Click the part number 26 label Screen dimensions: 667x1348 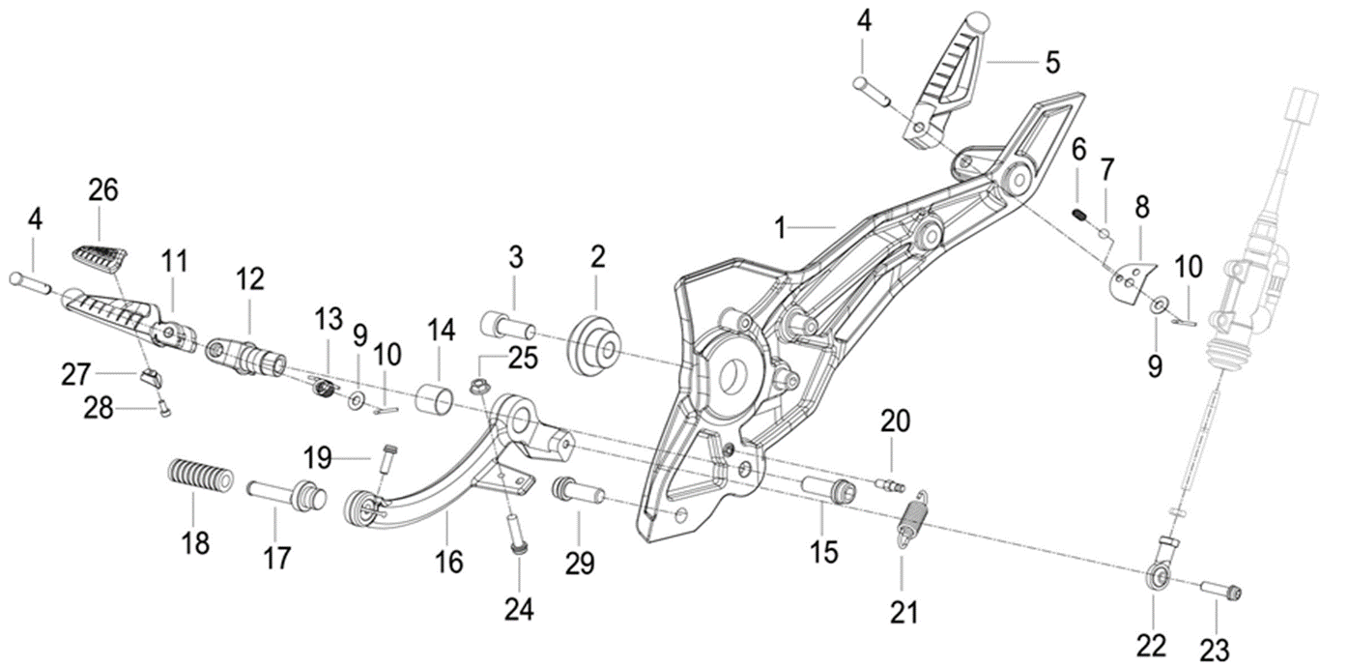click(x=103, y=190)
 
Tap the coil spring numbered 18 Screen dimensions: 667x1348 click(x=200, y=477)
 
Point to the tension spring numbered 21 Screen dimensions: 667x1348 click(x=909, y=520)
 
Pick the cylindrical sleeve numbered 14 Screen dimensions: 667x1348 click(x=435, y=397)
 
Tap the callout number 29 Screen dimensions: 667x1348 click(x=580, y=564)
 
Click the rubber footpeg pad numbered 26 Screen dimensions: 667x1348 click(x=100, y=259)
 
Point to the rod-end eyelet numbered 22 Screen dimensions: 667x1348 click(x=1157, y=576)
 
